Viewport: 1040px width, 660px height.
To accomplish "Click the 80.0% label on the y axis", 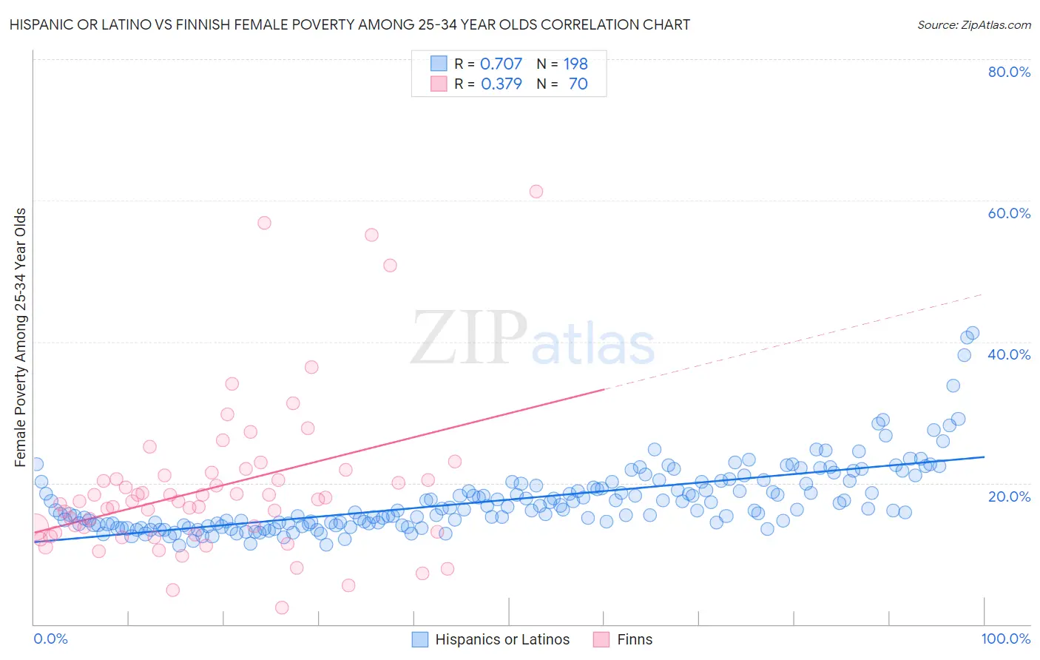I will click(x=1009, y=72).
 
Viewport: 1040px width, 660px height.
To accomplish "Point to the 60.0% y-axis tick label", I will click(x=1009, y=213).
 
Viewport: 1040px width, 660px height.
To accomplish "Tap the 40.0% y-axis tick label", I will click(x=1009, y=354).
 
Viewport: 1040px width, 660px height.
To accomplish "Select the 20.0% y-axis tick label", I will click(x=1009, y=496).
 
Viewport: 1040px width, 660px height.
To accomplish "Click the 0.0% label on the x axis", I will click(x=50, y=639).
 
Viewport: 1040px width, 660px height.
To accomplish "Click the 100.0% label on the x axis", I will click(x=1005, y=639).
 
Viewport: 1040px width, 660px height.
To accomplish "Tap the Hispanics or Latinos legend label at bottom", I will click(x=502, y=639).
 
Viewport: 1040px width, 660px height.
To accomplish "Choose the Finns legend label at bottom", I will click(x=635, y=639).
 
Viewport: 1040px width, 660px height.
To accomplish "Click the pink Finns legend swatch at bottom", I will click(x=601, y=639).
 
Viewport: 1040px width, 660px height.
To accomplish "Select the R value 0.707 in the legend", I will click(x=501, y=64).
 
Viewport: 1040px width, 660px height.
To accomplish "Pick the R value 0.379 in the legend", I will click(x=501, y=84).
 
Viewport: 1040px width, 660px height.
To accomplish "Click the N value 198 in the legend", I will click(x=575, y=64).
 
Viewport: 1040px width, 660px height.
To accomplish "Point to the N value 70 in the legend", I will click(x=578, y=84).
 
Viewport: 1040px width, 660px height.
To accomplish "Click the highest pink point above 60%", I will click(x=536, y=192).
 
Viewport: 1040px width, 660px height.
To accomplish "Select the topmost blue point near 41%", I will click(x=973, y=333).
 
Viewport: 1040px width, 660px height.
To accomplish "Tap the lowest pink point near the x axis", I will click(x=282, y=607).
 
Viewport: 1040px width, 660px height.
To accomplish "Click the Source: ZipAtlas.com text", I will click(x=973, y=24).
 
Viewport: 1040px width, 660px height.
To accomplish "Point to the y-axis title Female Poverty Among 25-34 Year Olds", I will click(x=21, y=337).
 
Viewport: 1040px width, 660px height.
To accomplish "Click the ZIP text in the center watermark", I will click(x=468, y=338).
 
